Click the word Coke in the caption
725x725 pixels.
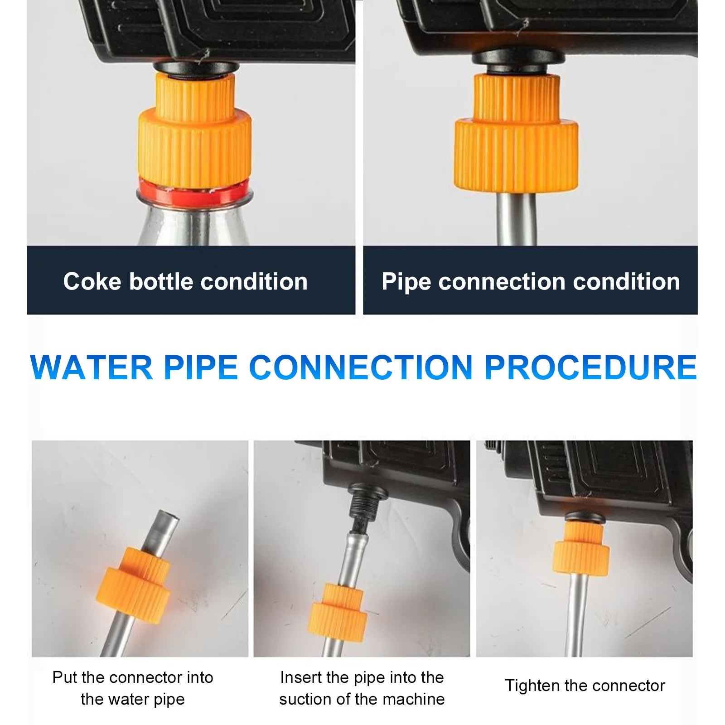click(92, 281)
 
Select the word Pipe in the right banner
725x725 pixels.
click(406, 282)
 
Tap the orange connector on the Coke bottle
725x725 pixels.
click(195, 136)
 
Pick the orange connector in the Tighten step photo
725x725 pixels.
click(582, 551)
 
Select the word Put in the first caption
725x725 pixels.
click(65, 677)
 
